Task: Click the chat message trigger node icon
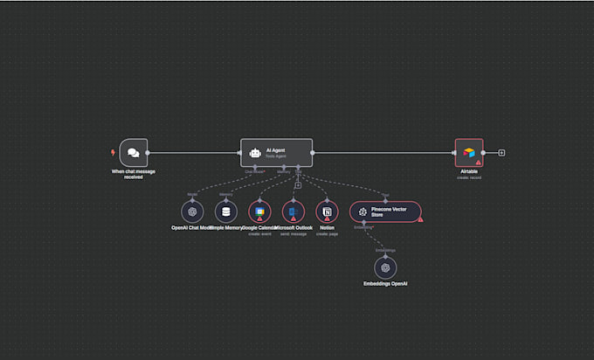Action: [x=133, y=152]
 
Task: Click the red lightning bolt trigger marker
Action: [x=113, y=152]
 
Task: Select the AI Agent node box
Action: [x=276, y=152]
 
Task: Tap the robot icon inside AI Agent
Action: [x=255, y=152]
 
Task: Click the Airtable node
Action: [x=469, y=152]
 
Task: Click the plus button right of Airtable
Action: [x=501, y=152]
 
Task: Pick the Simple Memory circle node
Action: [x=226, y=211]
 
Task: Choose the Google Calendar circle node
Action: [x=259, y=211]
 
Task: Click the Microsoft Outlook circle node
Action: [x=293, y=211]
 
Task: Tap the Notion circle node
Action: [x=327, y=211]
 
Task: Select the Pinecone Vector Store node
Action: [x=385, y=211]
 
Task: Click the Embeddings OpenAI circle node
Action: [x=385, y=268]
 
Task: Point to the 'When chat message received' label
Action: [x=133, y=173]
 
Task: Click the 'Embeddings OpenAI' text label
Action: [x=385, y=285]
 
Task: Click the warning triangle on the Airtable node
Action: [x=478, y=162]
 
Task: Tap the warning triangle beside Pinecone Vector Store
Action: [x=419, y=219]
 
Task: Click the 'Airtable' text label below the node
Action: [x=469, y=172]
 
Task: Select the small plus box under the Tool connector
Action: [x=298, y=184]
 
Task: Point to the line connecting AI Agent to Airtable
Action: [x=384, y=152]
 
